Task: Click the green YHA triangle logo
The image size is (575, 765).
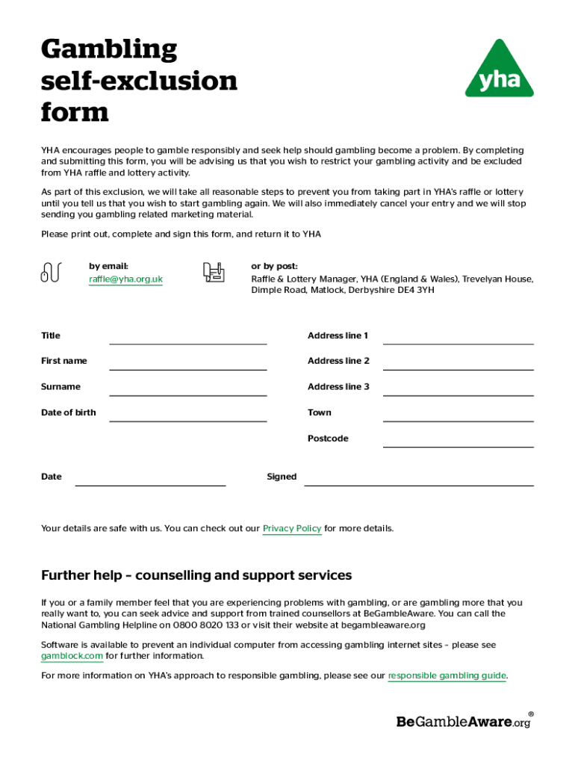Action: (x=499, y=72)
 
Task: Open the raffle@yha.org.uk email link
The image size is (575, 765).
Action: (x=125, y=279)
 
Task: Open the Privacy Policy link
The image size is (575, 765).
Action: (x=292, y=529)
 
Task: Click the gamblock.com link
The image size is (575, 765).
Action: (x=72, y=656)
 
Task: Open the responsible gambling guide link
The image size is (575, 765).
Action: (x=447, y=676)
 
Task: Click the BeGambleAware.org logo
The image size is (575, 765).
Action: (x=464, y=722)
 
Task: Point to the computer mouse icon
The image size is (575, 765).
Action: (x=49, y=273)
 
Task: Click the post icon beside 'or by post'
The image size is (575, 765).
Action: (x=214, y=273)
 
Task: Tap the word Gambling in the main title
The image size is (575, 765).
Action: (x=109, y=50)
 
